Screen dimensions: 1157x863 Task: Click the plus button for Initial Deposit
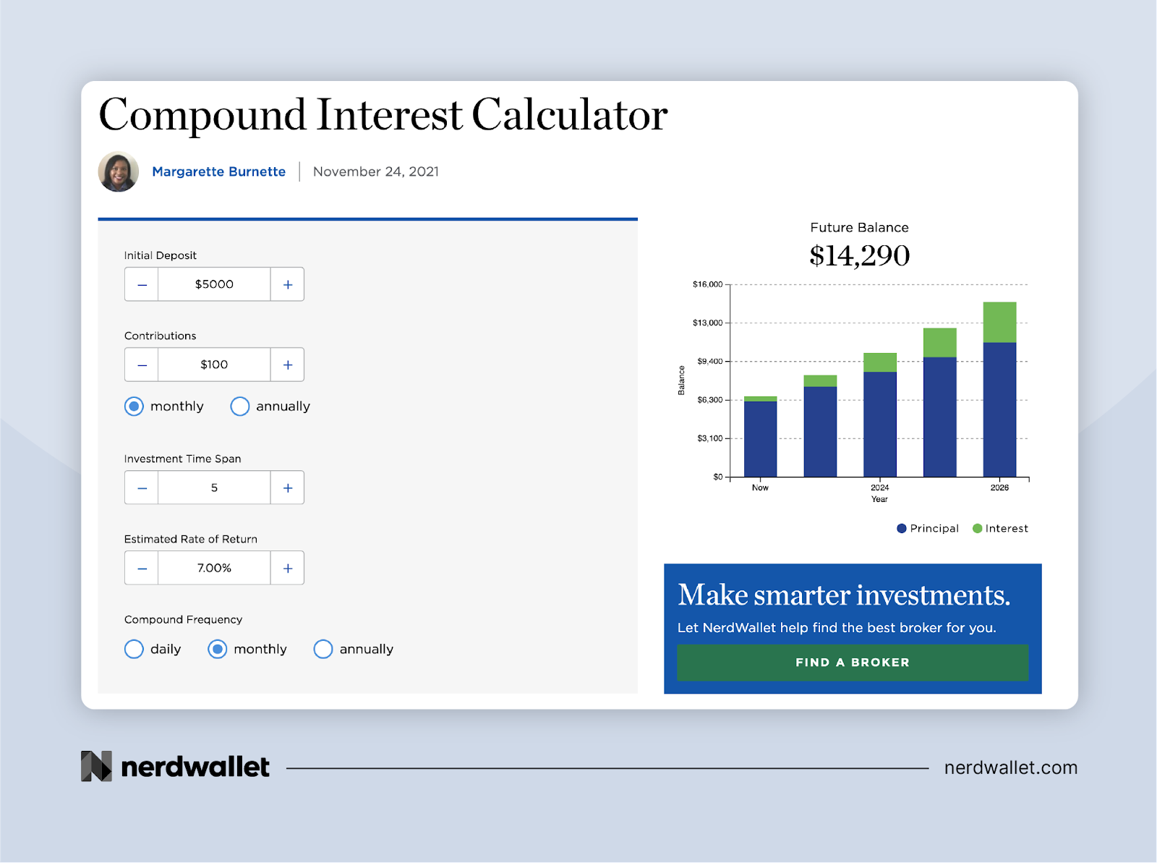(x=287, y=285)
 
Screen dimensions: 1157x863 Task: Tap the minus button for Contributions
(x=142, y=365)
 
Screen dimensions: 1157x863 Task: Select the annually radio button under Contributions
(x=240, y=407)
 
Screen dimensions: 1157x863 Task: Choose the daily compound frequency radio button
(x=134, y=649)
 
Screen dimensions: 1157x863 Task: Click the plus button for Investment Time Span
(x=287, y=488)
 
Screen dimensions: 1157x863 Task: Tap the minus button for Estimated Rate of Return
(x=142, y=569)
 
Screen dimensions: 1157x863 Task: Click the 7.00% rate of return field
(x=214, y=569)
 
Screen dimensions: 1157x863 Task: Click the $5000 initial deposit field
(x=214, y=285)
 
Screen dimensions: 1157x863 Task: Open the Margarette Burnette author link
(x=219, y=172)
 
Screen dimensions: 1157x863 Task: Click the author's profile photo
(x=118, y=172)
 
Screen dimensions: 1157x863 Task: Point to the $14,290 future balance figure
(x=860, y=255)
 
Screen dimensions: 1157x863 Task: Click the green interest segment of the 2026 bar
(x=999, y=322)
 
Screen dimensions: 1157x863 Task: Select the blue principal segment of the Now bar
(x=760, y=439)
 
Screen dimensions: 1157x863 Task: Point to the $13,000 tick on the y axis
(x=707, y=323)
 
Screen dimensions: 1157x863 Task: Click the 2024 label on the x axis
(x=880, y=488)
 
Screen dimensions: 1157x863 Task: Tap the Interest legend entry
(x=1000, y=528)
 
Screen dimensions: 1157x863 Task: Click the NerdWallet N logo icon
(x=96, y=766)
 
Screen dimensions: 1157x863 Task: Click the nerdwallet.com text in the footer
(x=1011, y=768)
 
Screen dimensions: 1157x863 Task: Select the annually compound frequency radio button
(x=323, y=649)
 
